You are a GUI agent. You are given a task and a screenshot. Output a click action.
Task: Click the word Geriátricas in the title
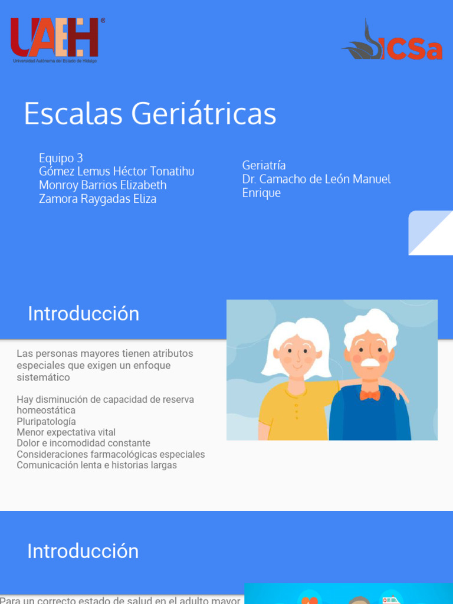(x=203, y=113)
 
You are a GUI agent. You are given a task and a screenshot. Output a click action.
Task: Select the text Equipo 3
(x=61, y=158)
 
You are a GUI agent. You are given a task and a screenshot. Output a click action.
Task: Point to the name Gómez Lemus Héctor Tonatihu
(x=116, y=172)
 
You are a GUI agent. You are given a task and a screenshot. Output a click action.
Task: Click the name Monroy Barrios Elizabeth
(x=103, y=185)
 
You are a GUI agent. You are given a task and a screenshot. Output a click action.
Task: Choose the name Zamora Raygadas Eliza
(x=97, y=199)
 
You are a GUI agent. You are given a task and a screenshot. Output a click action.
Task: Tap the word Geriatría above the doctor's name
(x=264, y=165)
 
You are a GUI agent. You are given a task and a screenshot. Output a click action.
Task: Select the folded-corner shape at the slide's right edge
(x=431, y=232)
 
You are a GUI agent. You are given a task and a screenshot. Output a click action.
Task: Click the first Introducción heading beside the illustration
(x=83, y=314)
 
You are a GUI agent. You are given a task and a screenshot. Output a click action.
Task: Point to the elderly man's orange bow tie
(x=370, y=395)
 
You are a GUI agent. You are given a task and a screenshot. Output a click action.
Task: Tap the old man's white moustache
(x=370, y=361)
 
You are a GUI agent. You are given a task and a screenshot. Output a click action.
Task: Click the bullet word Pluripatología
(x=46, y=421)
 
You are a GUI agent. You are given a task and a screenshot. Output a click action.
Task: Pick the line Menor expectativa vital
(x=66, y=432)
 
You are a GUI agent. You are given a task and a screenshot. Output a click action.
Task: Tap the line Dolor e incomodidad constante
(x=83, y=443)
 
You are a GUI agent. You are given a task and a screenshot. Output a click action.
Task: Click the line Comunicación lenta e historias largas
(x=97, y=465)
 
